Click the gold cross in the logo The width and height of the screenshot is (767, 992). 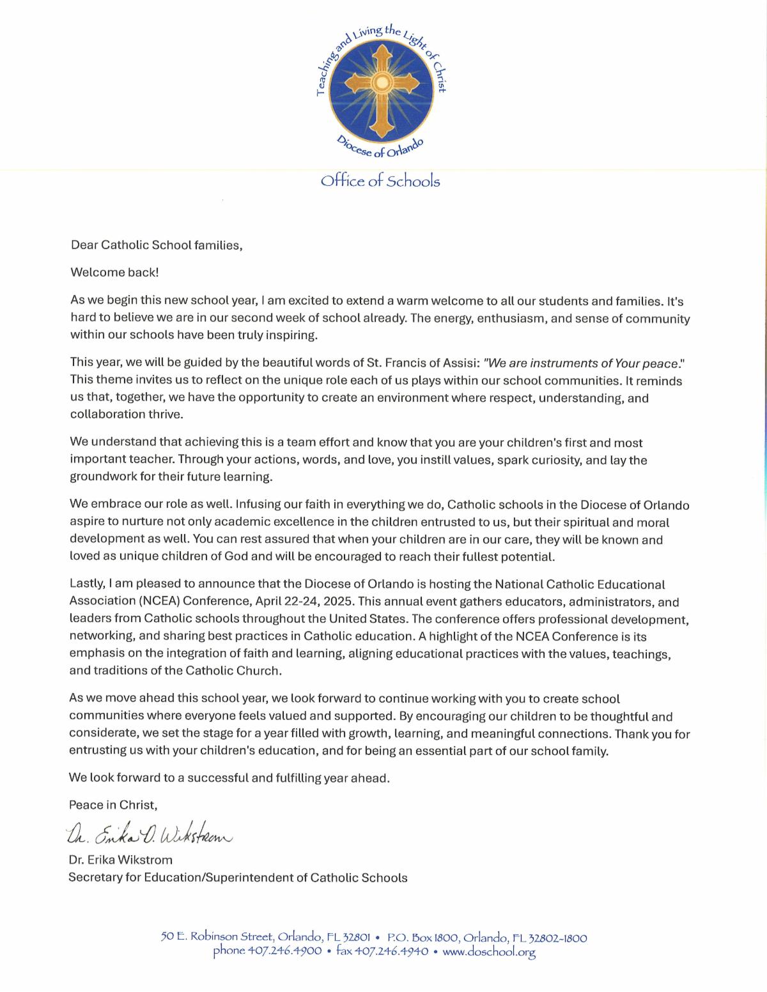click(381, 84)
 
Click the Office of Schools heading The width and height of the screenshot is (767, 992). click(380, 181)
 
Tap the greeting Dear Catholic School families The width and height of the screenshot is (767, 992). click(157, 245)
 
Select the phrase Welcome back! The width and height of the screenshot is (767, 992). click(114, 272)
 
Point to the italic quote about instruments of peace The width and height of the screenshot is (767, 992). click(584, 363)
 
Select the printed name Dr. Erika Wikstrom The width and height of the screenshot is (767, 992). click(121, 860)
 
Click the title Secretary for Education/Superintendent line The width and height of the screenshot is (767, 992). click(238, 878)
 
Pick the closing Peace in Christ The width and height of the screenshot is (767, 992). click(112, 805)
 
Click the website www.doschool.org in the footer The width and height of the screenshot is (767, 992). click(488, 952)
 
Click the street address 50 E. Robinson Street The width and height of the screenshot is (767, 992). click(217, 938)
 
